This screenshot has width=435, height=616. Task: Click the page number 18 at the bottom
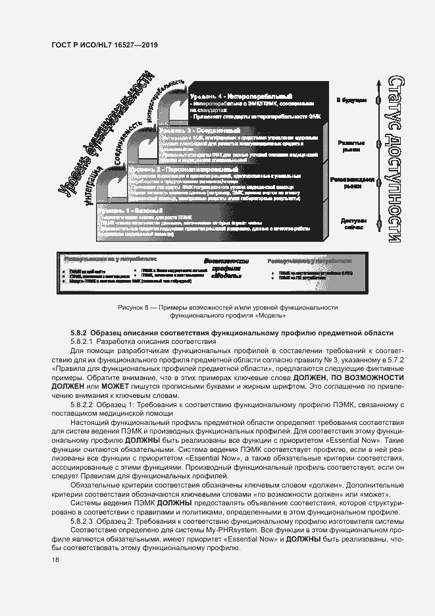coord(54,560)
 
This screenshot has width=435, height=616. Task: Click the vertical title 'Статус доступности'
coord(394,160)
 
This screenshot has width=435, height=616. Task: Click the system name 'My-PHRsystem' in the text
coord(180,530)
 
